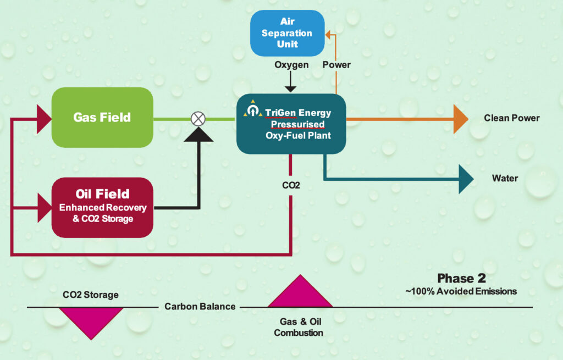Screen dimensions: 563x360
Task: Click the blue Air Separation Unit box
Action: pos(287,33)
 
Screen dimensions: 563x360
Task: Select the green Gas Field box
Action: pos(102,118)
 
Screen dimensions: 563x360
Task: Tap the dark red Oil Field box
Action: pos(102,207)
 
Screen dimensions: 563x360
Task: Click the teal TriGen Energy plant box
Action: pos(291,124)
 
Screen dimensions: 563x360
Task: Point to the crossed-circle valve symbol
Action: pos(198,119)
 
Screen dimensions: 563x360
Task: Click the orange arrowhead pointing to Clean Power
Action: pos(461,119)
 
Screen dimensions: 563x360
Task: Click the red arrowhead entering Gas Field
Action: pos(44,119)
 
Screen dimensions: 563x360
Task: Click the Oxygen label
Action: pos(291,65)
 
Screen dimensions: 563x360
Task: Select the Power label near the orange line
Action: pos(336,65)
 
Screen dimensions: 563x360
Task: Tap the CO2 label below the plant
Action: pos(291,185)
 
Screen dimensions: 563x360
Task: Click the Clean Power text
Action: pos(512,118)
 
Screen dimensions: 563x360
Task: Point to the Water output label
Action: pos(505,179)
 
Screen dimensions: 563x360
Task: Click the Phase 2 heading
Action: pos(461,278)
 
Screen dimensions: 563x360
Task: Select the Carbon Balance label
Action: pos(200,307)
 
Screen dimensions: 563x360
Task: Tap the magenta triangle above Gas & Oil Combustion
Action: pos(300,291)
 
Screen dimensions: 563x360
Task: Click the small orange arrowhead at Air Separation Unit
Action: pos(328,35)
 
